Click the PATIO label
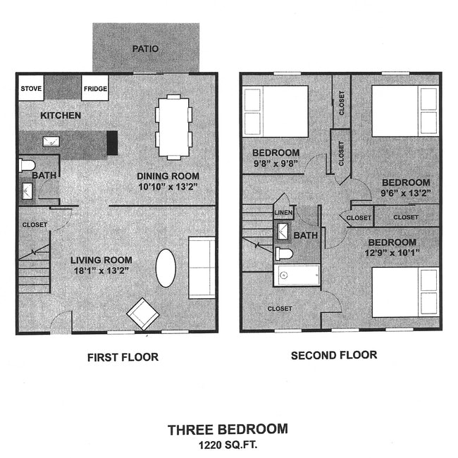[145, 49]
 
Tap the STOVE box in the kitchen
[31, 89]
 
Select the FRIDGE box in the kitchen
[95, 89]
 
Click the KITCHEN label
[60, 115]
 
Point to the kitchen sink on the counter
[51, 142]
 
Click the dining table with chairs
[173, 127]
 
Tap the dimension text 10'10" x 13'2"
[168, 187]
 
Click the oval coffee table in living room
[166, 268]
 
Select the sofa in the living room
[202, 268]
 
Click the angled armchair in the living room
[142, 313]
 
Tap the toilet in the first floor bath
[27, 166]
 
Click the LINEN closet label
[283, 212]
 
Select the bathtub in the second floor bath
[297, 275]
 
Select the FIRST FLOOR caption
[123, 357]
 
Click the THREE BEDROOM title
[227, 428]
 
